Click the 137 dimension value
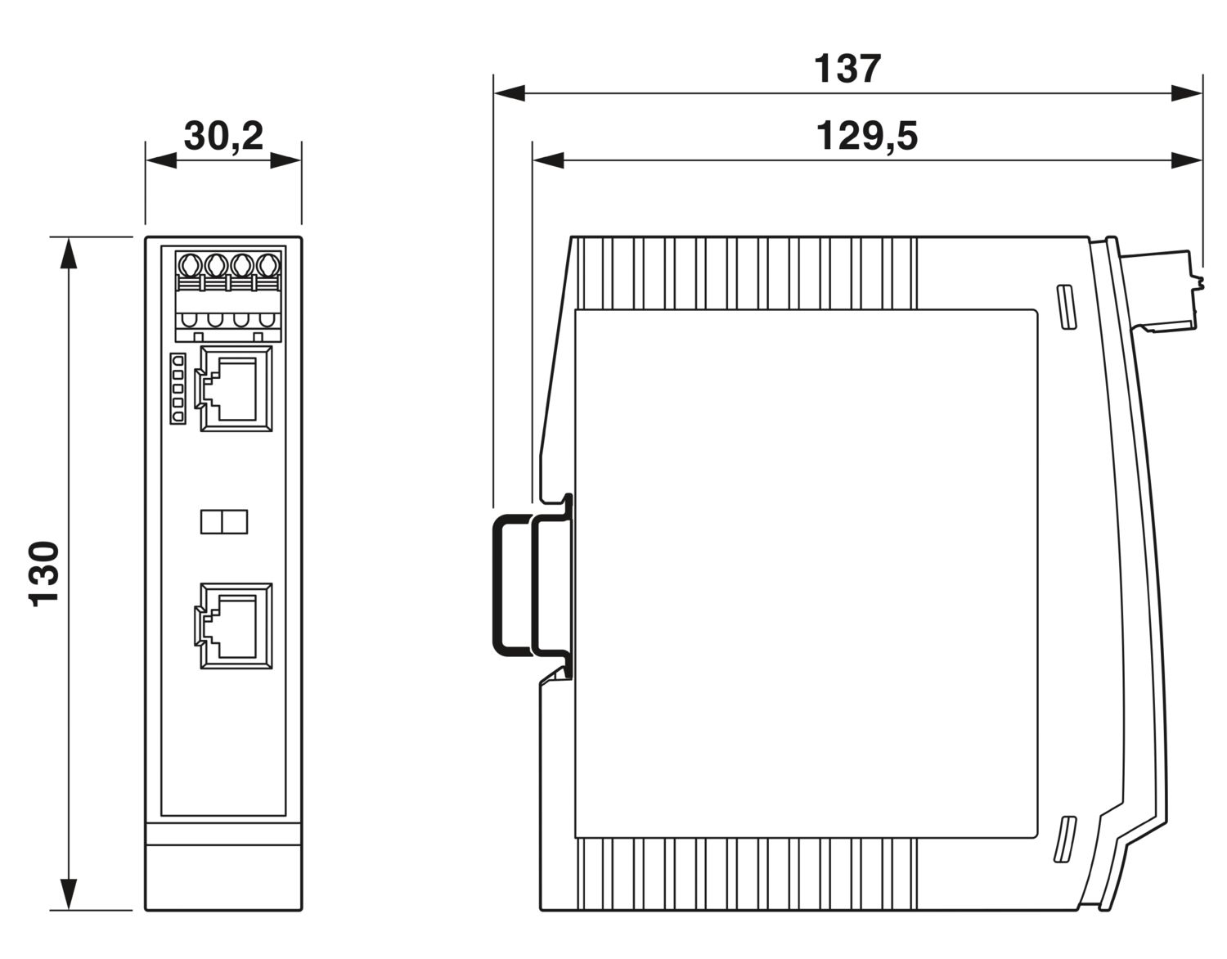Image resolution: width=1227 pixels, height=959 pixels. (x=847, y=70)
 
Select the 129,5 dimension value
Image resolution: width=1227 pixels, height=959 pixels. (x=866, y=137)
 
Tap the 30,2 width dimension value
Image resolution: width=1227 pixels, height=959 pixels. (x=223, y=136)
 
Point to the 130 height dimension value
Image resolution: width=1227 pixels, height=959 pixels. (x=45, y=573)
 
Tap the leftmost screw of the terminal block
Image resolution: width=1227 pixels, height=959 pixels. (x=190, y=266)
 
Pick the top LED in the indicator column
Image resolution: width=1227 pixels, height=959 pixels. (x=177, y=360)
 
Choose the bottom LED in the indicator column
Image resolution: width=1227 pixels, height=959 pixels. (x=177, y=417)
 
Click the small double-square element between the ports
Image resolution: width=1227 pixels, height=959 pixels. (x=224, y=521)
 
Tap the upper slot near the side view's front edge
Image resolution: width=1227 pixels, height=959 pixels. (x=1065, y=308)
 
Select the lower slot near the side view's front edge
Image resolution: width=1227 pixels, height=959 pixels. (x=1064, y=838)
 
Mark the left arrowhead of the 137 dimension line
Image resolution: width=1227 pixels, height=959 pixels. (x=509, y=93)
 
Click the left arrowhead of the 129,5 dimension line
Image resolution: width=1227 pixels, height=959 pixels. (x=548, y=160)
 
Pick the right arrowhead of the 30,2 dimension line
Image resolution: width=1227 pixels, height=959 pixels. (x=285, y=160)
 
